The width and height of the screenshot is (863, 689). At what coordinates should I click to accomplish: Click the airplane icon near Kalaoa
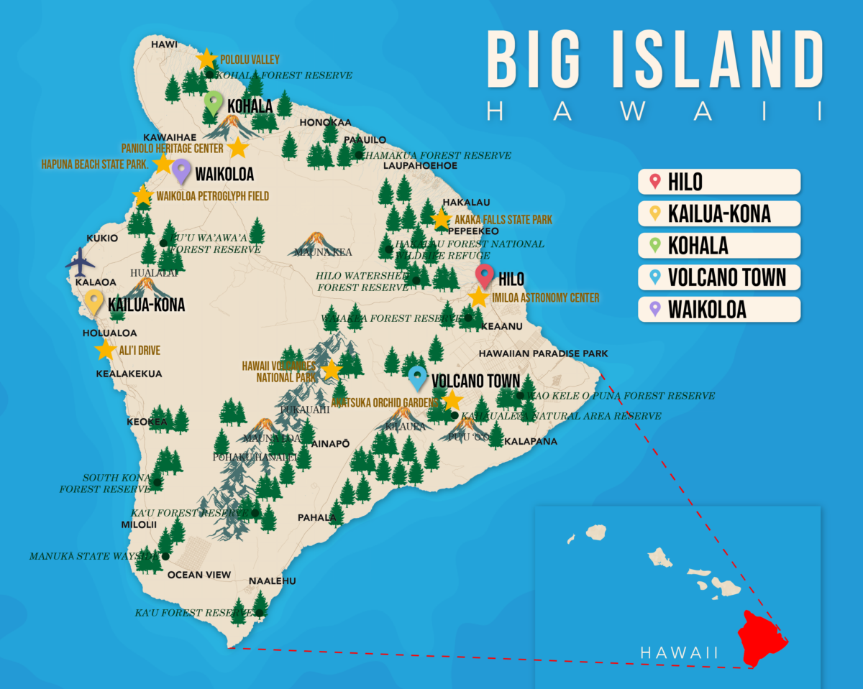(80, 264)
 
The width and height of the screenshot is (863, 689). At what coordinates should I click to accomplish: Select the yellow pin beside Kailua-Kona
(94, 302)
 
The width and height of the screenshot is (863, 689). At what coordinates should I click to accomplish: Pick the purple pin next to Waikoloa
(181, 171)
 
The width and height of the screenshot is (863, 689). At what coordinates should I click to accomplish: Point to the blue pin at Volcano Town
(417, 377)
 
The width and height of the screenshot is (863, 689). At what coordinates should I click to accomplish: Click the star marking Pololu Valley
(206, 59)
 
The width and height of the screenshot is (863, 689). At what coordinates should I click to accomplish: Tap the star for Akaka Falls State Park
(441, 219)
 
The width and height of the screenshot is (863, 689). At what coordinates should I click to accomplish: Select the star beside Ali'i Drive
(105, 350)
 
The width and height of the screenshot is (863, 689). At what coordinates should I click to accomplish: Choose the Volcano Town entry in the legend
(718, 277)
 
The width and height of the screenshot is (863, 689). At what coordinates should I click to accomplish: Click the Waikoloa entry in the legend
(718, 309)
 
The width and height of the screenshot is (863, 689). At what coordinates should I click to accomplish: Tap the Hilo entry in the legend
(718, 182)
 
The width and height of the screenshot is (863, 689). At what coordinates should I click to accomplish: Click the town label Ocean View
(199, 575)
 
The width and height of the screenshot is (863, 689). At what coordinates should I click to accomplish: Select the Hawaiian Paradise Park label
(543, 353)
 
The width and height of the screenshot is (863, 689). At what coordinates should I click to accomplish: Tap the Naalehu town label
(272, 581)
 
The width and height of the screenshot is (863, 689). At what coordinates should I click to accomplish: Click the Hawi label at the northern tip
(164, 45)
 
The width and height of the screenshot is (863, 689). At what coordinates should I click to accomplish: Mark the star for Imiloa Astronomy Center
(478, 297)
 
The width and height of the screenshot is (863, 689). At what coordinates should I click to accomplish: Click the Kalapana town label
(531, 441)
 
